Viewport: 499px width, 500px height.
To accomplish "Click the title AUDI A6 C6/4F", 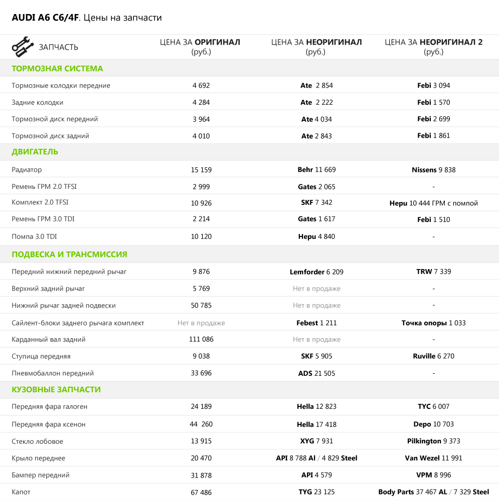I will coord(45,18).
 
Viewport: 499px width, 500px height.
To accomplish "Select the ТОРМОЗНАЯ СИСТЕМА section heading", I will coord(57,69).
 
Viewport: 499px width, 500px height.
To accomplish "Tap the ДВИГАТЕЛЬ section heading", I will coord(35,152).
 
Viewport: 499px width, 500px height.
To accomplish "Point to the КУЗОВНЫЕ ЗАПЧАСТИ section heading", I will coord(56,389).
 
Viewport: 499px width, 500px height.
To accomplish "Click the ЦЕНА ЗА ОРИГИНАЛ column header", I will coord(200,47).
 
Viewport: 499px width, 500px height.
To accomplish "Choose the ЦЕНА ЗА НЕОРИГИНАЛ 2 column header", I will coord(433,47).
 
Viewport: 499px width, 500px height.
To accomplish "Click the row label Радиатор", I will coord(27,170).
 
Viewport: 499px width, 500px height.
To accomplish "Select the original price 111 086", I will coord(201,339).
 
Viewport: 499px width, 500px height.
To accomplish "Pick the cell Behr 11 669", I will coord(316,170).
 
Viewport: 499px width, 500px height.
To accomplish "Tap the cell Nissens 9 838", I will coord(433,170).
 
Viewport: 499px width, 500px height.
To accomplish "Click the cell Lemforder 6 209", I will coord(316,272).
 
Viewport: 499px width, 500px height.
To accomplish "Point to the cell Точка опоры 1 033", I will coord(433,323).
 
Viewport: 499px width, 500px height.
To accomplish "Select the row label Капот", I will coord(21,492).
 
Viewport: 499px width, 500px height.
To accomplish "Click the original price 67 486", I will coord(201,492).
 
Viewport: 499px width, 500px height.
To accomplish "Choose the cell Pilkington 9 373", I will coord(433,441).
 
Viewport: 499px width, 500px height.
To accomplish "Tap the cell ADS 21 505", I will coord(316,373).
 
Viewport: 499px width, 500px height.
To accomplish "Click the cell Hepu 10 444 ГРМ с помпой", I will coord(433,203).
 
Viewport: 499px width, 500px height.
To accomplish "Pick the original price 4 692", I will coord(201,86).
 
